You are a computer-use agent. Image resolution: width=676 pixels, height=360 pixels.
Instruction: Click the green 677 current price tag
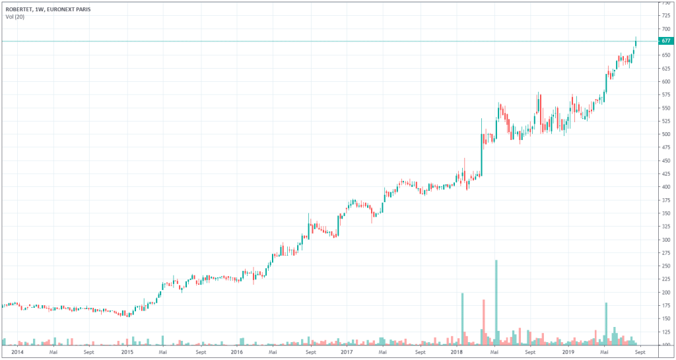point(665,41)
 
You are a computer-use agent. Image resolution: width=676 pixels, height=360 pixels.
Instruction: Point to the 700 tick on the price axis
point(665,29)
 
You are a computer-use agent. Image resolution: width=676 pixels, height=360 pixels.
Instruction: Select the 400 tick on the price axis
point(665,187)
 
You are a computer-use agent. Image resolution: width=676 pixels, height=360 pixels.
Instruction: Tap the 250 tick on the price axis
point(665,266)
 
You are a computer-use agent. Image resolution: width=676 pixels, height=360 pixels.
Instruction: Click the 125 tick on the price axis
point(665,332)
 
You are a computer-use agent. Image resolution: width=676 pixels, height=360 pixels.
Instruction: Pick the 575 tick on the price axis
point(665,94)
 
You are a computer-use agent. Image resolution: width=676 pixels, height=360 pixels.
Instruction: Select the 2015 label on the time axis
point(127,353)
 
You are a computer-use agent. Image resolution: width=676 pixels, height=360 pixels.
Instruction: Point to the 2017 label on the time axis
point(347,353)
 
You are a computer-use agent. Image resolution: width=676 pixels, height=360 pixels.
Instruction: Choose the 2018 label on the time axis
point(457,353)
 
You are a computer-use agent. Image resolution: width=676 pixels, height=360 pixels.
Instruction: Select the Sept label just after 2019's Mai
point(638,353)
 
